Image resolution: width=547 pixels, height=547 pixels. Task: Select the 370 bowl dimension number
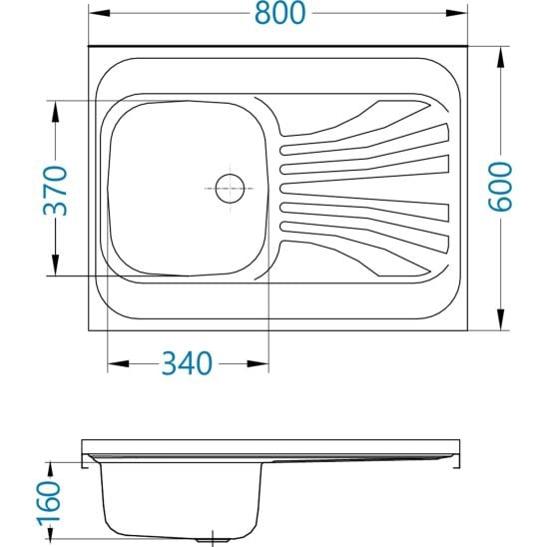pos(57,190)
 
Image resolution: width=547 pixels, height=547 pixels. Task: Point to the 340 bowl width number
pos(187,363)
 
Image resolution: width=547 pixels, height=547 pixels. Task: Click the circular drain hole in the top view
pos(230,187)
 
